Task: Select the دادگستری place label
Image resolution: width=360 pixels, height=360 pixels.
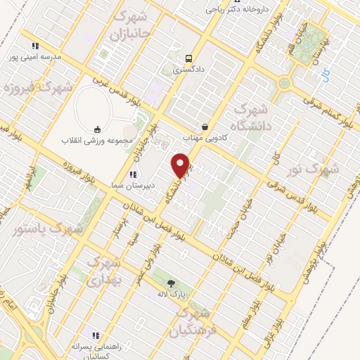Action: tap(188, 70)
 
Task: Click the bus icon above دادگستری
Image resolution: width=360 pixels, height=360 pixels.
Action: tap(188, 58)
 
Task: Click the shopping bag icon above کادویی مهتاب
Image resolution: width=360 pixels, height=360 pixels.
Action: tap(205, 127)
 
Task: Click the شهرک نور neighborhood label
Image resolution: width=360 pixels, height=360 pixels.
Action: tap(314, 169)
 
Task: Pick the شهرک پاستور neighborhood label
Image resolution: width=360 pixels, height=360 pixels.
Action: tap(48, 229)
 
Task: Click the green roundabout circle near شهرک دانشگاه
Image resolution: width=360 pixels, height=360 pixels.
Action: tap(284, 83)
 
